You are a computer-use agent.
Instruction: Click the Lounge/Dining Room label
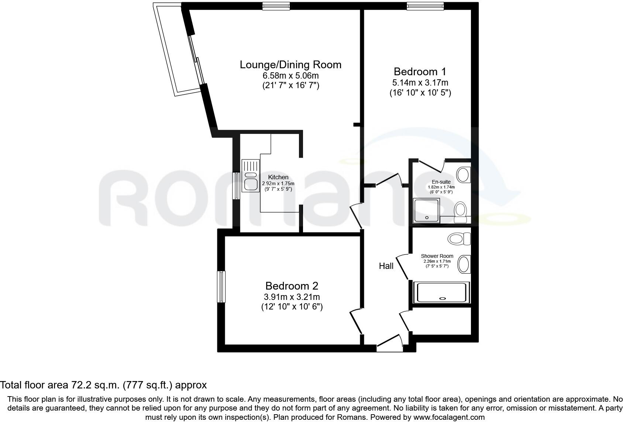tap(290, 65)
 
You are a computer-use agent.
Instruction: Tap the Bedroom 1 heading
tap(420, 72)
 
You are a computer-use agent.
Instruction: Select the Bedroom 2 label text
tap(292, 286)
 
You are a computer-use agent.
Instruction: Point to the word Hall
tap(386, 266)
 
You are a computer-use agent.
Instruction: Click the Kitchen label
tap(278, 177)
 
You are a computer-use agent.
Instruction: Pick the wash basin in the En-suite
tap(463, 174)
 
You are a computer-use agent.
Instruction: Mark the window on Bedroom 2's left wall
tap(221, 287)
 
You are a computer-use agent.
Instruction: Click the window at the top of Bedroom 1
tap(425, 6)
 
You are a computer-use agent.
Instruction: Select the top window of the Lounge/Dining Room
tap(276, 6)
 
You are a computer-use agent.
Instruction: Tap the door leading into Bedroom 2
tap(356, 322)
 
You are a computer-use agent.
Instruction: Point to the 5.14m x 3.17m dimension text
tap(420, 83)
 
